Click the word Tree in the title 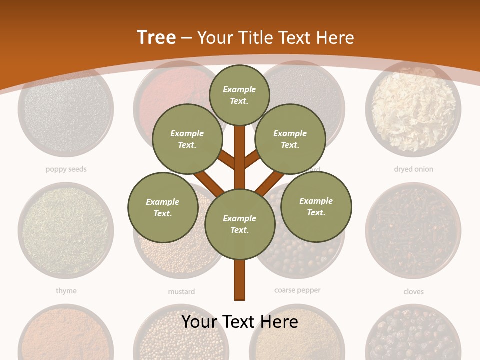(x=156, y=37)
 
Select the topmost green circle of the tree (x=239, y=95)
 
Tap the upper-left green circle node (x=187, y=139)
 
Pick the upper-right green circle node (x=290, y=139)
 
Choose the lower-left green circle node (x=163, y=207)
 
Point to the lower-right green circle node (x=316, y=206)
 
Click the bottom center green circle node (x=240, y=224)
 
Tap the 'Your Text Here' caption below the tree (x=240, y=321)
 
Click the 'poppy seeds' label (x=66, y=169)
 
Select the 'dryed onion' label (x=413, y=169)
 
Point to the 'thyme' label (x=66, y=291)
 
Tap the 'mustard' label (x=181, y=291)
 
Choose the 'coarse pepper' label (x=297, y=290)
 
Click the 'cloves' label (x=413, y=291)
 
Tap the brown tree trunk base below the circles (x=240, y=280)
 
